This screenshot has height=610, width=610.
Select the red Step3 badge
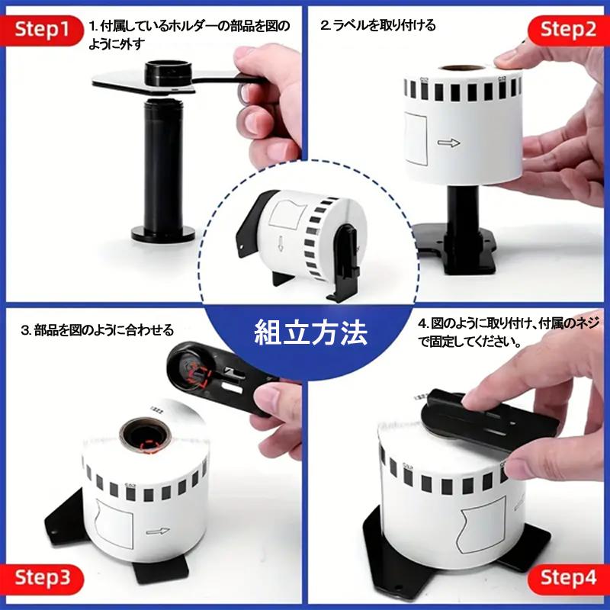pyautogui.click(x=42, y=579)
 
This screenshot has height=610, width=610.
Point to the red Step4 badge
pyautogui.click(x=568, y=579)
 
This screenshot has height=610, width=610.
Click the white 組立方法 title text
pyautogui.click(x=310, y=332)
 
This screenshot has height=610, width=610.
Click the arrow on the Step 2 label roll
pyautogui.click(x=448, y=143)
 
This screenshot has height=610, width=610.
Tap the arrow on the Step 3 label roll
pyautogui.click(x=158, y=531)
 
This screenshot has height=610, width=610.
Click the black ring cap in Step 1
pyautogui.click(x=169, y=72)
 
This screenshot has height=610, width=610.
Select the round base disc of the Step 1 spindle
pyautogui.click(x=163, y=233)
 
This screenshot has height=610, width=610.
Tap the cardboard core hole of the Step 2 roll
pyautogui.click(x=461, y=68)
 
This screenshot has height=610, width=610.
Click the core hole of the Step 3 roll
pyautogui.click(x=145, y=435)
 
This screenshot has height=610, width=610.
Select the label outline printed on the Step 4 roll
pyautogui.click(x=482, y=526)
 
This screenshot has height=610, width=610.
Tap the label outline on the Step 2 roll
pyautogui.click(x=416, y=139)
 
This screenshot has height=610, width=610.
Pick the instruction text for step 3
pyautogui.click(x=98, y=330)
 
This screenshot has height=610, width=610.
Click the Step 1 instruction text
pyautogui.click(x=189, y=35)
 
